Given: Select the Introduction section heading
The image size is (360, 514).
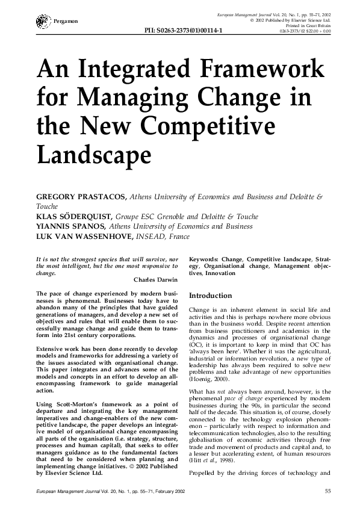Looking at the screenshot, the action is (210, 296).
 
